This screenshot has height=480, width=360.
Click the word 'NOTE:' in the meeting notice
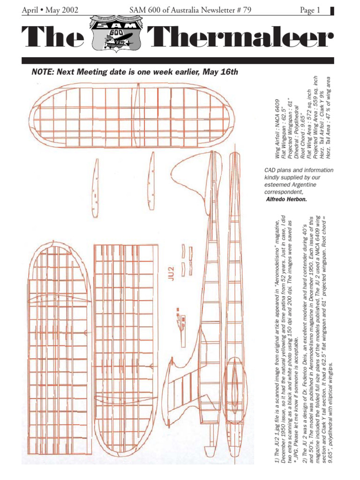[x=43, y=72]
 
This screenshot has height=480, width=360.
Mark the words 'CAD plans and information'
[x=299, y=170]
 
